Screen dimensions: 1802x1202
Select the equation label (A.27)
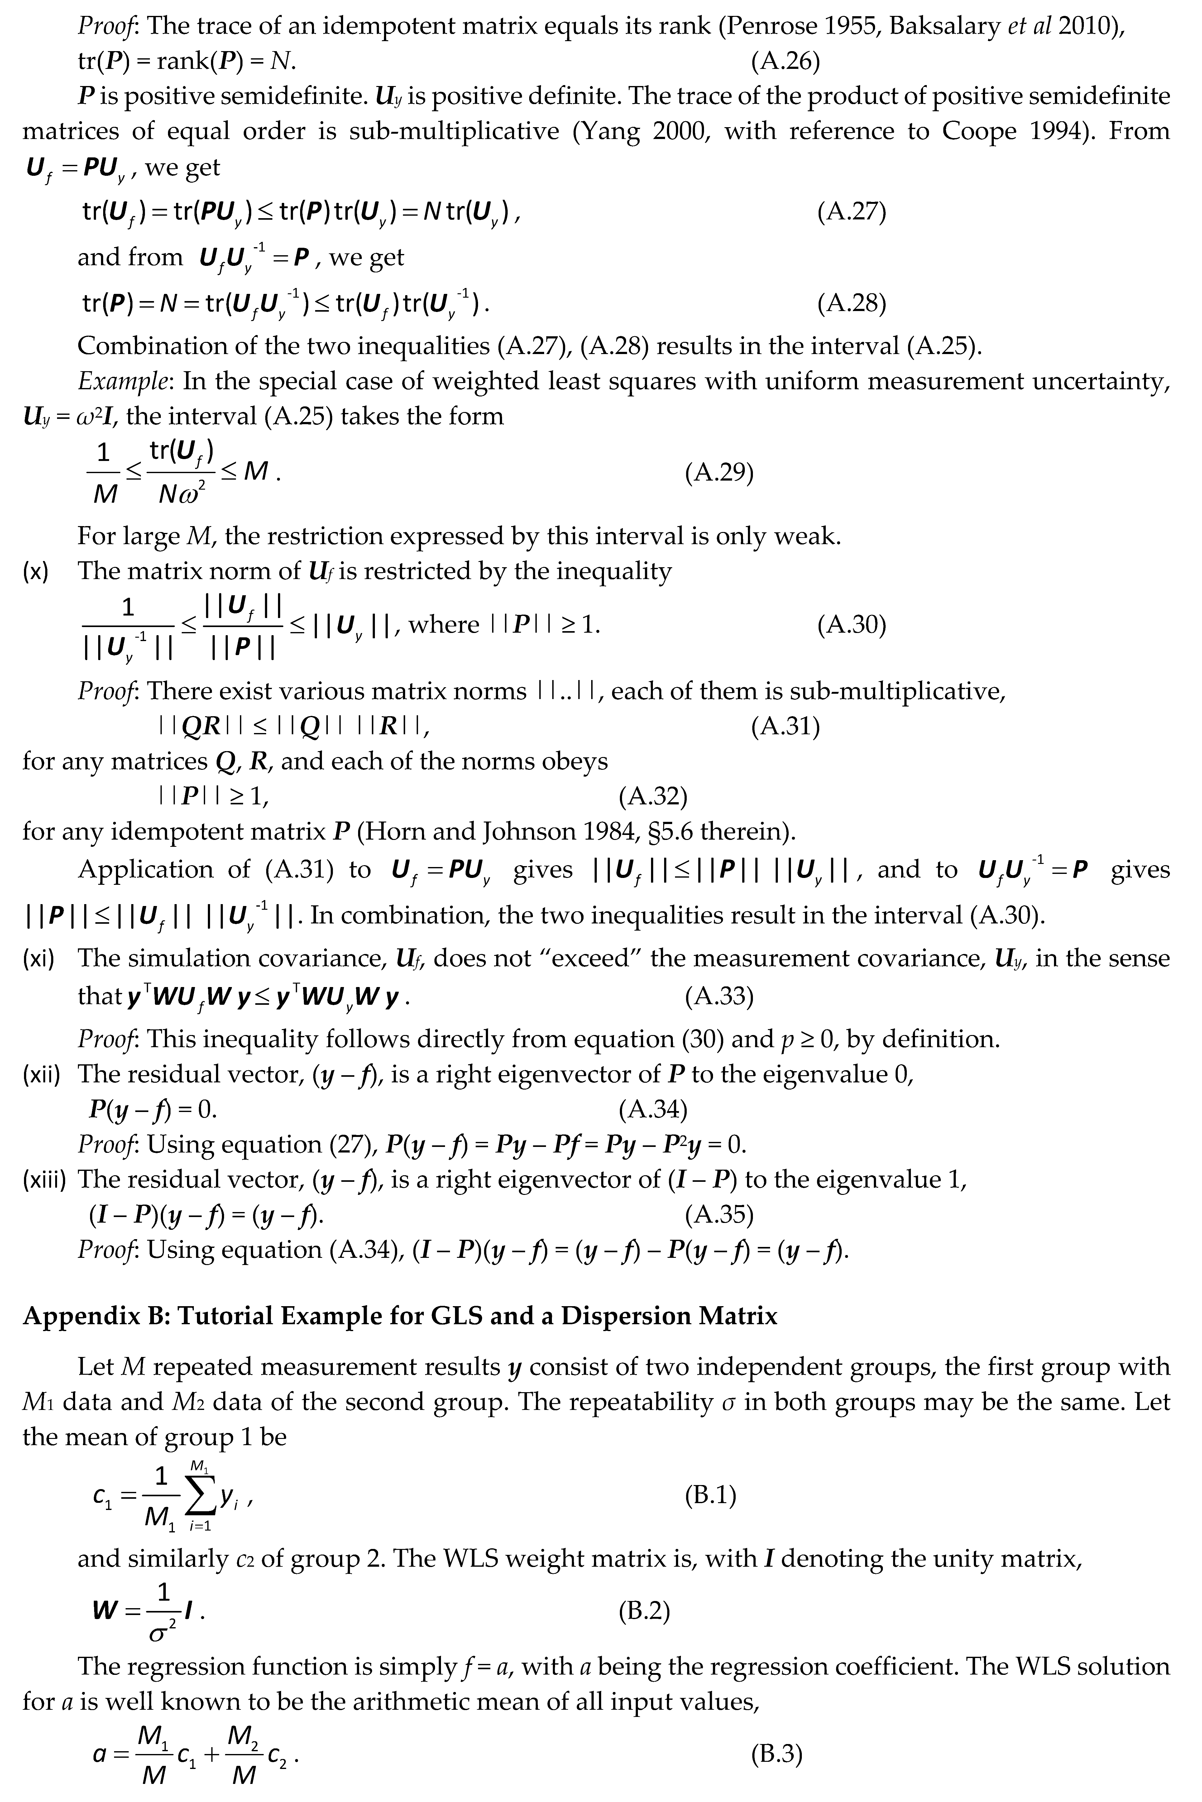click(852, 212)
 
